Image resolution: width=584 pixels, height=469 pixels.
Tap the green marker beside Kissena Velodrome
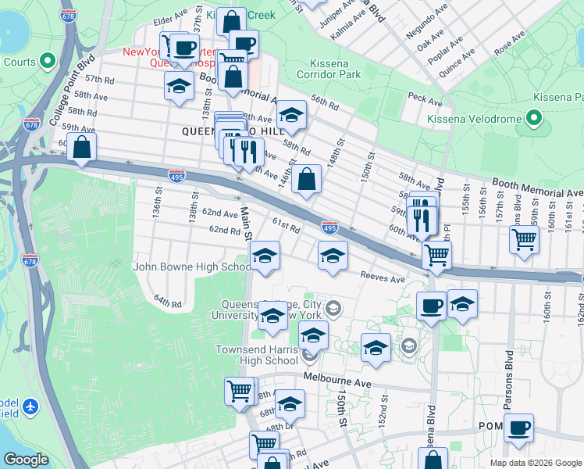534,118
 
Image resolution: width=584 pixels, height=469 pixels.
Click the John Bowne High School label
191,267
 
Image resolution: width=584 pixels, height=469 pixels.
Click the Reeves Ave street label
383,278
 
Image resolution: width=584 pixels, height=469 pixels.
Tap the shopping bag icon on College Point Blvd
82,147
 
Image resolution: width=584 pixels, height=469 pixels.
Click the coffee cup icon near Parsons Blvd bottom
518,428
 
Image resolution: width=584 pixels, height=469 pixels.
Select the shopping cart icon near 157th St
524,238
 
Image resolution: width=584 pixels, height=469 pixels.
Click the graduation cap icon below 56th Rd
291,115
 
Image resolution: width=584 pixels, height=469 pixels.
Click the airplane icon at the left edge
30,406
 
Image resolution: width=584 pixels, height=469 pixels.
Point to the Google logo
27,460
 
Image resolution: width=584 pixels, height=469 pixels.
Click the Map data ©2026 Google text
536,463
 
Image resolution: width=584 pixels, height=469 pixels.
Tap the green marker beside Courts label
47,61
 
